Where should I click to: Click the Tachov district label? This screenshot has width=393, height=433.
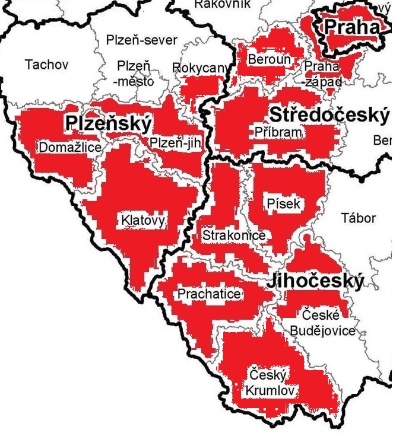click(47, 64)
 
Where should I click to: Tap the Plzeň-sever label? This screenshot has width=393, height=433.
click(142, 40)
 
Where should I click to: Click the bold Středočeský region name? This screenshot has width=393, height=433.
click(329, 114)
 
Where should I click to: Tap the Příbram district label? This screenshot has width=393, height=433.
click(278, 132)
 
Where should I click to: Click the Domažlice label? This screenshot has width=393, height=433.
click(69, 147)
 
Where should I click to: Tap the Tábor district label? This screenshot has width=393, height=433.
click(359, 218)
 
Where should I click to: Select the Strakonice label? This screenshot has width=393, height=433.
click(233, 235)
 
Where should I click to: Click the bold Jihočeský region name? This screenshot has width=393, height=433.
click(315, 281)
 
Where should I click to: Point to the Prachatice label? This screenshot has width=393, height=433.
click(210, 294)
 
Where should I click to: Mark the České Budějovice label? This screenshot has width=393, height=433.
click(323, 322)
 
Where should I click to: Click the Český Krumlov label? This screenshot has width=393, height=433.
click(268, 383)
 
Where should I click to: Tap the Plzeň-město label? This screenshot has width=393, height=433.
click(134, 73)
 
